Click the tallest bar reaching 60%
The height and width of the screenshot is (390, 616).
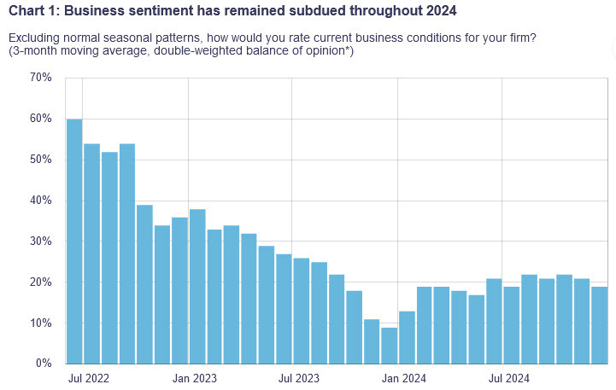(x=74, y=242)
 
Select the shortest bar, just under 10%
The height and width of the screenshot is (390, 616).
(x=389, y=346)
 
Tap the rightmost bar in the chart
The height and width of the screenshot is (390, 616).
(x=599, y=325)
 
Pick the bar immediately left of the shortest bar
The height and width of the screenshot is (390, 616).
(x=372, y=341)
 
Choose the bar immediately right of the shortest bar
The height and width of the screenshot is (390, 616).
(x=407, y=337)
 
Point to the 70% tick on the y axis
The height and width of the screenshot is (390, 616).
(x=41, y=78)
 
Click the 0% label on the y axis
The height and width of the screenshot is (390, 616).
(x=44, y=364)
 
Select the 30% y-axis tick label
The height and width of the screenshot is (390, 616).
(x=41, y=242)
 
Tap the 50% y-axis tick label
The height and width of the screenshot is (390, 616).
(x=41, y=160)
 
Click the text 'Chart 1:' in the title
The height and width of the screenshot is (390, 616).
(x=34, y=11)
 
